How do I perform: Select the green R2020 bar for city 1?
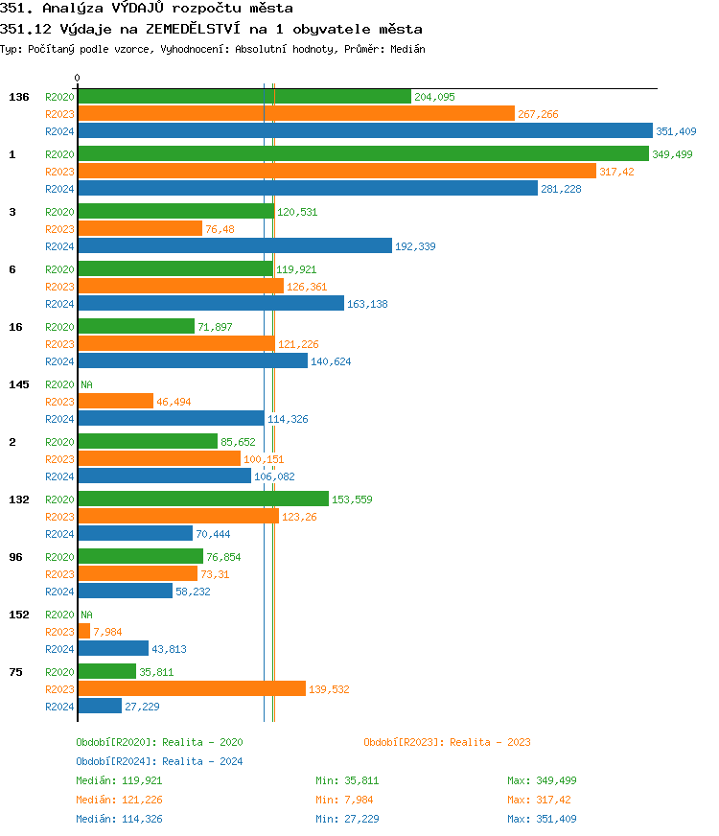(362, 154)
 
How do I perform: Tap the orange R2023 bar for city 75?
(191, 689)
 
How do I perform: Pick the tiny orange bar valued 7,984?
(83, 632)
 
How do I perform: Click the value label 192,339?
(415, 246)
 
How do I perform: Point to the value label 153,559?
(352, 499)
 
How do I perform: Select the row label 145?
(18, 384)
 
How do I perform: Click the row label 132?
(18, 499)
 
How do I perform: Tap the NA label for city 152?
(86, 615)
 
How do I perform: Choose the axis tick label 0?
(78, 78)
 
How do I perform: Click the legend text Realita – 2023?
(490, 742)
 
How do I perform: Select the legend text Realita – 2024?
(202, 761)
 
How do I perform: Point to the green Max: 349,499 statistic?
(542, 780)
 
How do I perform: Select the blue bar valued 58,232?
(125, 592)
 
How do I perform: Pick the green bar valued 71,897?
(136, 327)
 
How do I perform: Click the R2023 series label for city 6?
(59, 287)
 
